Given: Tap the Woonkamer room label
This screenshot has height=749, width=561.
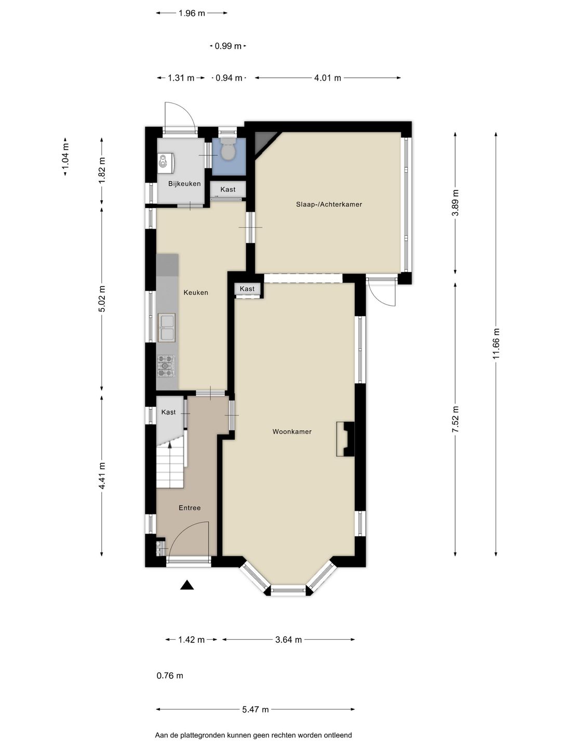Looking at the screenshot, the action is pos(292,432).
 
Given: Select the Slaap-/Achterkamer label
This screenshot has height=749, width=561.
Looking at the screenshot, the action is pos(329,204).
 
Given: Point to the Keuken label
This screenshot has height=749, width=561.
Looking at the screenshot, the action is pos(195,292).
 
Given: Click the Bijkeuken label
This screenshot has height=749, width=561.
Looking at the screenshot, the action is pos(184,184).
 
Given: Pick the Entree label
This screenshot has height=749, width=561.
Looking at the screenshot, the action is pos(190,508).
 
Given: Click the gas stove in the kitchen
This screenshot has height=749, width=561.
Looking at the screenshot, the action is pos(166,366).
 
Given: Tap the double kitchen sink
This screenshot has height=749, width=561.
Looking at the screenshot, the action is pos(167,327).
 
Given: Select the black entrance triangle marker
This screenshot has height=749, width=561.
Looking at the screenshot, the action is pos(186,586).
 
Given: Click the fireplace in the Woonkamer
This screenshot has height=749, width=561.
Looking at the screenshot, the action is pos(345,439).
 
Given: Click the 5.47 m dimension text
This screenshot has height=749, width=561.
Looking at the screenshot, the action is pos(256,709).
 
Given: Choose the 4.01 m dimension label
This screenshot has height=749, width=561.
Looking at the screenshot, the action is pos(327,78).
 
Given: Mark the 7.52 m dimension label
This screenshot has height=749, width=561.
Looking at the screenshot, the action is pos(456,419).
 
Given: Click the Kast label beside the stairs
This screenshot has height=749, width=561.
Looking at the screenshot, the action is pos(168,412).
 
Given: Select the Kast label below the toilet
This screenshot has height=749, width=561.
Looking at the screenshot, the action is pos(228,189).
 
